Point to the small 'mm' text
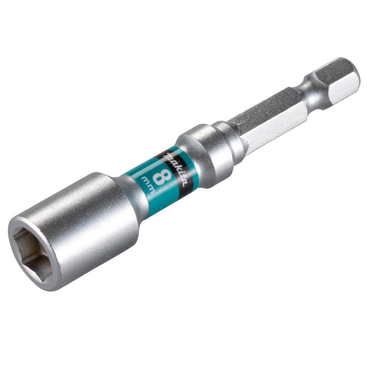coord(148,184)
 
